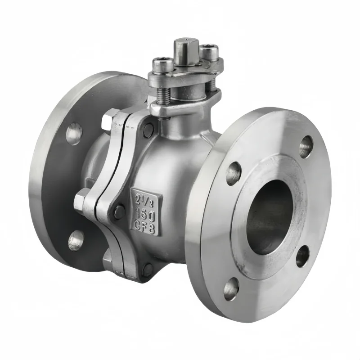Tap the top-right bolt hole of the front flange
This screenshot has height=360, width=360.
306,146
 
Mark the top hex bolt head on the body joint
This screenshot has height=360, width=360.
108,121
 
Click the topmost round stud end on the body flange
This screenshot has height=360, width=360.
148,130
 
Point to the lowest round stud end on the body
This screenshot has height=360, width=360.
148,270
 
